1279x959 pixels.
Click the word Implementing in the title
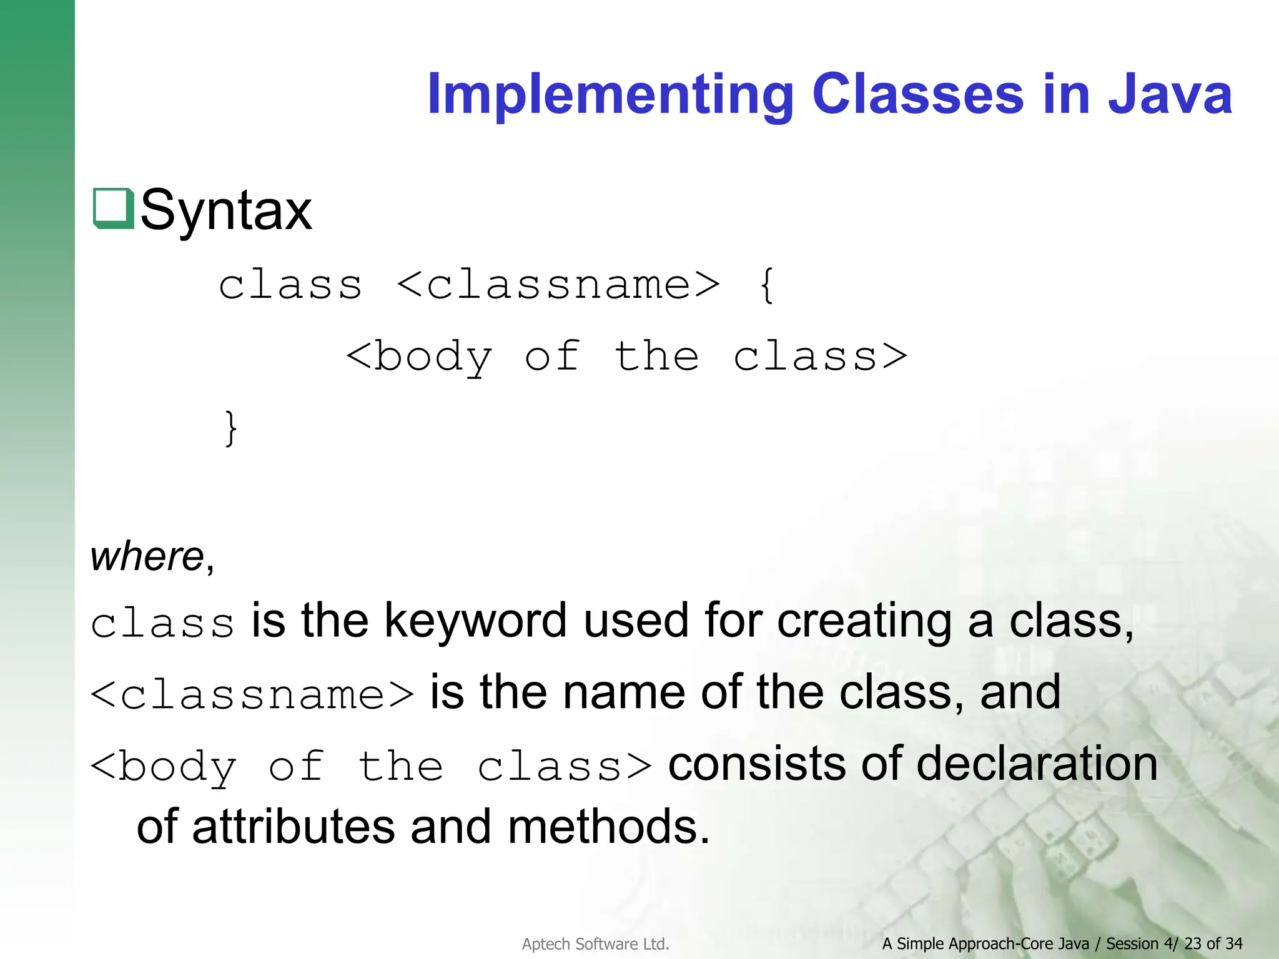coord(610,95)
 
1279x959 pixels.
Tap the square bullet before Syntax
coord(113,209)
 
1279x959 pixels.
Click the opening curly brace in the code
coord(767,285)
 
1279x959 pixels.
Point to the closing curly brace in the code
coord(230,428)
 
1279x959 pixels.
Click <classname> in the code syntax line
coord(558,285)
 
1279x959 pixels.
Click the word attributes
coord(294,827)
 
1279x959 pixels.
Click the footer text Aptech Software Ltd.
coord(595,944)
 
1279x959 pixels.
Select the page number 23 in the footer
coord(1192,943)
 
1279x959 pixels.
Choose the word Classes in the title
coord(917,95)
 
